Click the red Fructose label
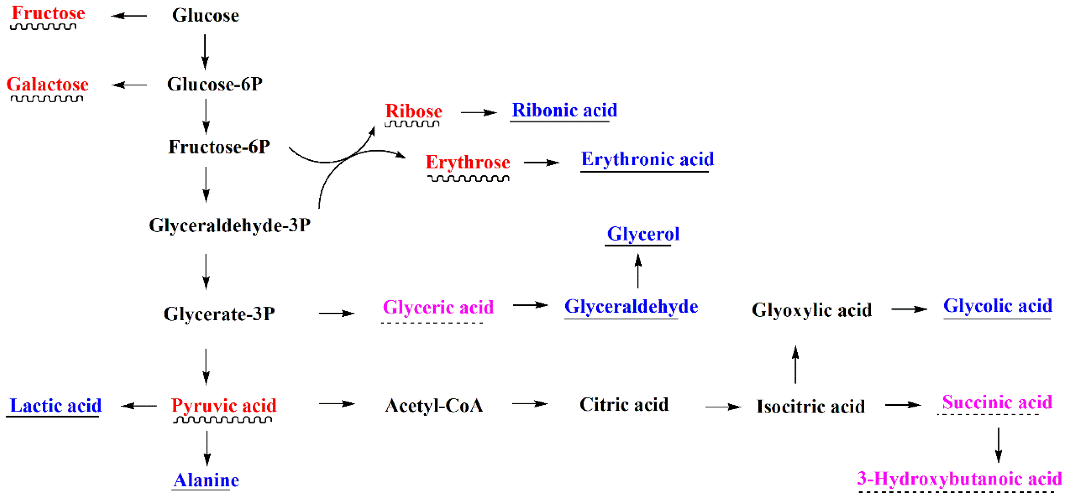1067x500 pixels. pos(48,13)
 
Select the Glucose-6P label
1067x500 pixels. pos(215,84)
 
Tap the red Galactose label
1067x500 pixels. pos(48,84)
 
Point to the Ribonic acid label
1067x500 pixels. pos(565,111)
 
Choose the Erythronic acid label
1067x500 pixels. pos(647,159)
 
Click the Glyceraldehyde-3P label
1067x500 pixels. pos(230,226)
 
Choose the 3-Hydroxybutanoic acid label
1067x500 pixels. pos(959,479)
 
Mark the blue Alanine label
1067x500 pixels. pos(206,480)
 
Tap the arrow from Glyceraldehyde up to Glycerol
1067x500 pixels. pos(638,271)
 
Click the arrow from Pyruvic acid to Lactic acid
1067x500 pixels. pos(139,406)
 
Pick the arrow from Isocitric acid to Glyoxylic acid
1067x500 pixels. pos(795,365)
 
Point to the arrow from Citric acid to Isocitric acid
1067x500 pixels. pos(723,407)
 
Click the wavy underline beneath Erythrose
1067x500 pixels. pos(468,179)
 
